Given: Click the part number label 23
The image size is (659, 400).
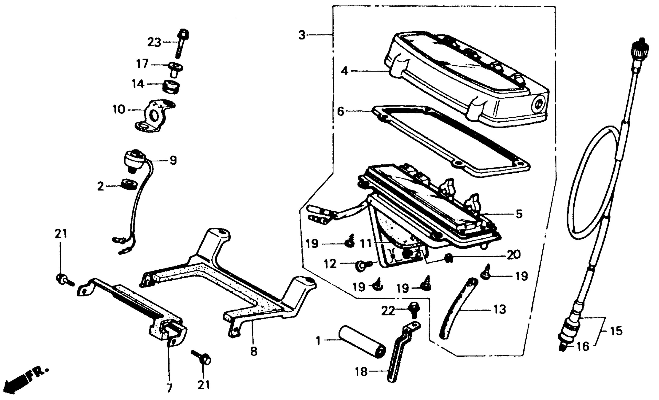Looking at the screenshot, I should pos(154,43).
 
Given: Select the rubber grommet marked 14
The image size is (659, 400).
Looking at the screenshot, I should pos(171,86).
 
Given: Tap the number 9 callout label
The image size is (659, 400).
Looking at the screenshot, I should pos(173,160).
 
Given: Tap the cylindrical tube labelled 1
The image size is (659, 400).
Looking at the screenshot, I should pos(362,341).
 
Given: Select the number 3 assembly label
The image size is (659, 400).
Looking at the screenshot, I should pos(302,35).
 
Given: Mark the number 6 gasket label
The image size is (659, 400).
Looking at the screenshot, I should pos(340,111).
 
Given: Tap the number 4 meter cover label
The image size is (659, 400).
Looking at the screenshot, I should pos(344,71).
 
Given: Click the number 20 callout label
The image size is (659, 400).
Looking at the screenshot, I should pos(513,255).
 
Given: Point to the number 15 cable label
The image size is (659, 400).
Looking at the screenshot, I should pos(616,331).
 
